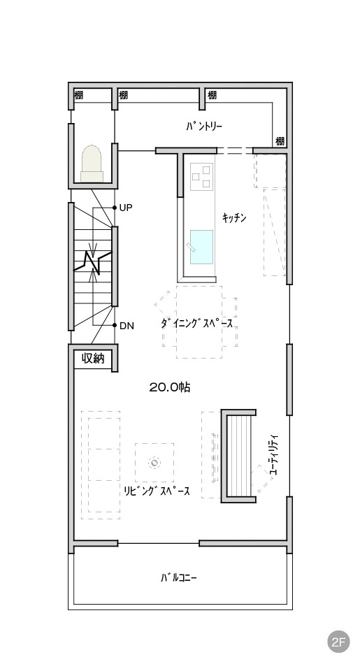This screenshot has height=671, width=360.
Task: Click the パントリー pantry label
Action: point(204,127)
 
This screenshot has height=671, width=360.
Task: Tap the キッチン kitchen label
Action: point(234,218)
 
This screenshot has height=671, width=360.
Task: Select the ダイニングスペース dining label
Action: point(197,324)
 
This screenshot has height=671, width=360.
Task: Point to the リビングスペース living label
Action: point(157,491)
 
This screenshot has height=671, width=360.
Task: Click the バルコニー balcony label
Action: point(179,578)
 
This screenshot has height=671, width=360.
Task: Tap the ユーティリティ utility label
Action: point(274,454)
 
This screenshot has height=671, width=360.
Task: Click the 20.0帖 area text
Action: point(169,387)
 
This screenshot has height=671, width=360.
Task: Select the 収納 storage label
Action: point(93,358)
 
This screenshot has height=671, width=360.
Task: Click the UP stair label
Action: point(126,208)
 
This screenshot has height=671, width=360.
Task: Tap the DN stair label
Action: point(127,326)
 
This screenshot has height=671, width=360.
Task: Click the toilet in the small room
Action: point(92,164)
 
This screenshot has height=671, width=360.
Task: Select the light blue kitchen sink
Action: point(201,247)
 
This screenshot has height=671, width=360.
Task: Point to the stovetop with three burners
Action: point(201,176)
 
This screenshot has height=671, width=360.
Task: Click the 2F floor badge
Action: point(338,642)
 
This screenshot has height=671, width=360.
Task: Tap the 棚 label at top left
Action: point(78,94)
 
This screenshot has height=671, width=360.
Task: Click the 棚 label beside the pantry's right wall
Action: point(280,140)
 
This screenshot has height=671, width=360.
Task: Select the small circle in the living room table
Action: point(154,463)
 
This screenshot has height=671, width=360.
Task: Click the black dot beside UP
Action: point(115,208)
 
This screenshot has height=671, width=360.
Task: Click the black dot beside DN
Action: point(115,325)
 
